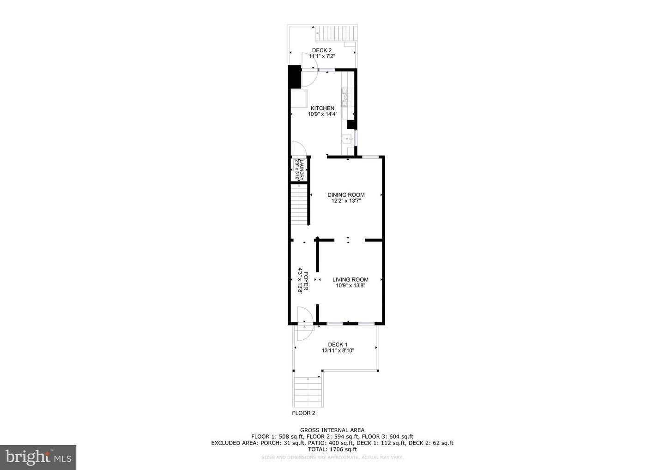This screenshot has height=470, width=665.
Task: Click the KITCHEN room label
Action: [322, 108]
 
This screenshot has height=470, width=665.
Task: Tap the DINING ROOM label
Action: [346, 195]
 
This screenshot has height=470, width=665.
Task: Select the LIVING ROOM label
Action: [351, 279]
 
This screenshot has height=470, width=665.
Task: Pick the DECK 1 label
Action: [338, 344]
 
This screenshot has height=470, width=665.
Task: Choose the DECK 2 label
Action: [321, 50]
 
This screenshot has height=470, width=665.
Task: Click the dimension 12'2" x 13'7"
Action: [346, 201]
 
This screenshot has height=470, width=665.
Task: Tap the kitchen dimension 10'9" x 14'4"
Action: [322, 114]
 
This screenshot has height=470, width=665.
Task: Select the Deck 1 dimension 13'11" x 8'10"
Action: [338, 350]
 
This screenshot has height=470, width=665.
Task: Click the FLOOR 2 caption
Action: [303, 413]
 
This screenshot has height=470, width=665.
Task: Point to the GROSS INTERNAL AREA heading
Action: [332, 430]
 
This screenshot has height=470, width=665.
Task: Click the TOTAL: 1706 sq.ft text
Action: [332, 449]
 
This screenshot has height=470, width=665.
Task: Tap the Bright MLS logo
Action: [38, 457]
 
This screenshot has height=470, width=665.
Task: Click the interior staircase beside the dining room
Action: [300, 205]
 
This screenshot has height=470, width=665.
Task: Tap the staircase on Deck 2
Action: [337, 33]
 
